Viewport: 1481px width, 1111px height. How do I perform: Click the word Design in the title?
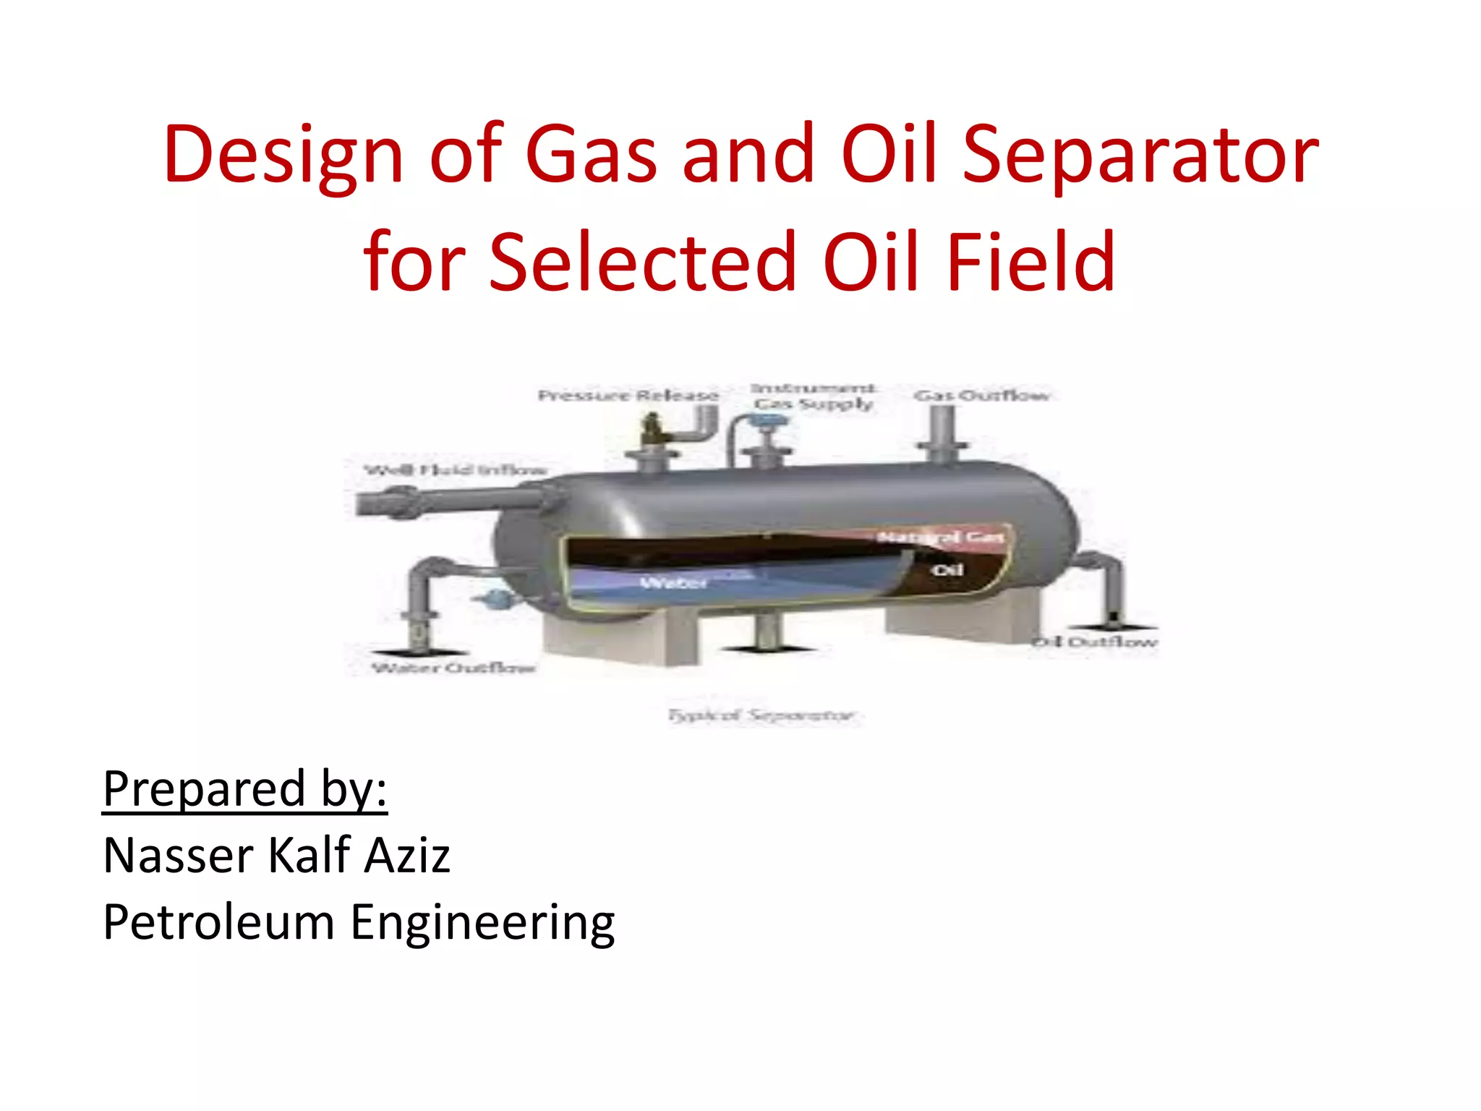pos(283,154)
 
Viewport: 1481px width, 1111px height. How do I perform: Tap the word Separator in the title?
pos(1140,154)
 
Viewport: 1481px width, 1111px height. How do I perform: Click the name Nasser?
pos(178,856)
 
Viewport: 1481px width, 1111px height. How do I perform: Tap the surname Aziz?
pos(406,856)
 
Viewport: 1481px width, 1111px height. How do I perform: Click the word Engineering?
pos(482,924)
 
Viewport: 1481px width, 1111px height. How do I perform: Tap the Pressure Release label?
pos(628,396)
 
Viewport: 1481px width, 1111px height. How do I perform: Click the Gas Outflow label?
pos(981,396)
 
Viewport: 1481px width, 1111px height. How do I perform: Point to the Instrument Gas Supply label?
pos(814,396)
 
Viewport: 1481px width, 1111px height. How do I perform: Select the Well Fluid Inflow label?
pos(455,470)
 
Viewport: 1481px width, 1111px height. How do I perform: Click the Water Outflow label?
pos(453,667)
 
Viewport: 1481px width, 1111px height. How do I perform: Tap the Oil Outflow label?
pos(1095,642)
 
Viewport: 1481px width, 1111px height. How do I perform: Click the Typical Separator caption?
pos(761,715)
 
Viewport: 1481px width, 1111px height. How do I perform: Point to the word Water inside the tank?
pos(673,582)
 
